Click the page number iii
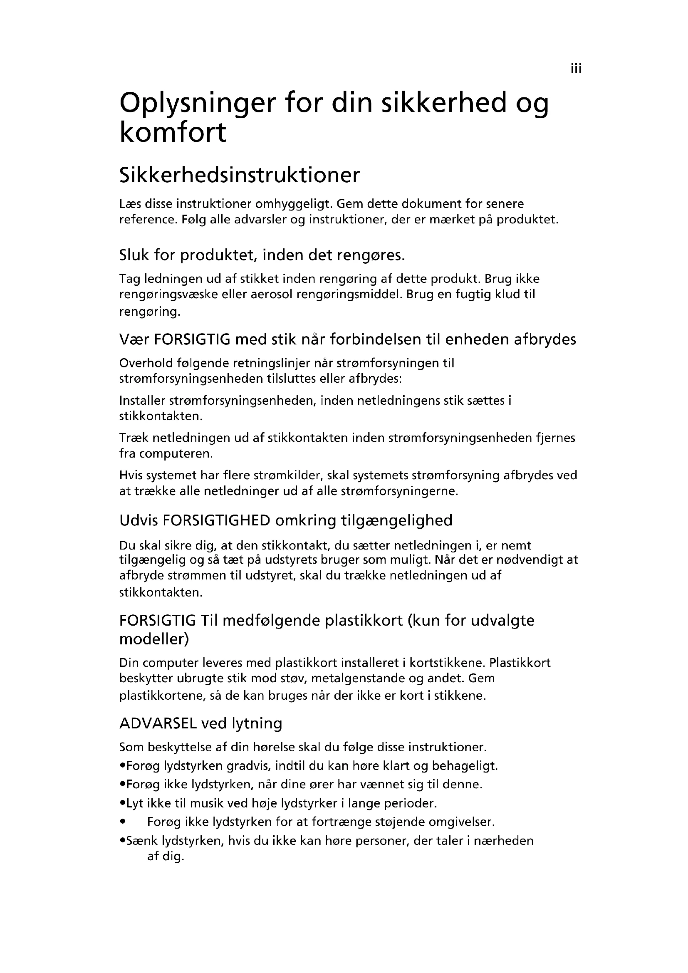[576, 69]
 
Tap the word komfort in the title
[173, 132]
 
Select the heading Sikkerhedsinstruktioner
[240, 175]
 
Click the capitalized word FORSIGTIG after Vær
[192, 339]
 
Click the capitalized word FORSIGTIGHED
[216, 520]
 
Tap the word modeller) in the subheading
[154, 639]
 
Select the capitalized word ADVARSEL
[158, 723]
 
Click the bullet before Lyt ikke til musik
[122, 804]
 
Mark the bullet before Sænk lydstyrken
[122, 841]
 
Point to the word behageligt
[465, 766]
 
